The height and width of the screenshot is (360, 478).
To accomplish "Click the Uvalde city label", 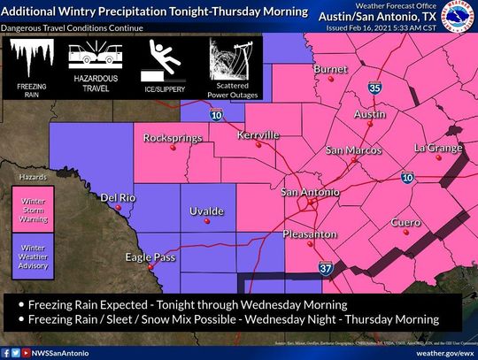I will click(206, 211).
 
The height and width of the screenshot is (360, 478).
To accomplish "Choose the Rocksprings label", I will click(170, 138).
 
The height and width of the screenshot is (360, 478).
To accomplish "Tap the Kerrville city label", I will click(258, 134).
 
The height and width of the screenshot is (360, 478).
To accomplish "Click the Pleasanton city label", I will click(310, 234).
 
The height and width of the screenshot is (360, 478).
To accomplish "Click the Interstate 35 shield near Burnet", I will click(375, 88).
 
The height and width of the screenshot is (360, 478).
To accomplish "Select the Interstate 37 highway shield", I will click(326, 267).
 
